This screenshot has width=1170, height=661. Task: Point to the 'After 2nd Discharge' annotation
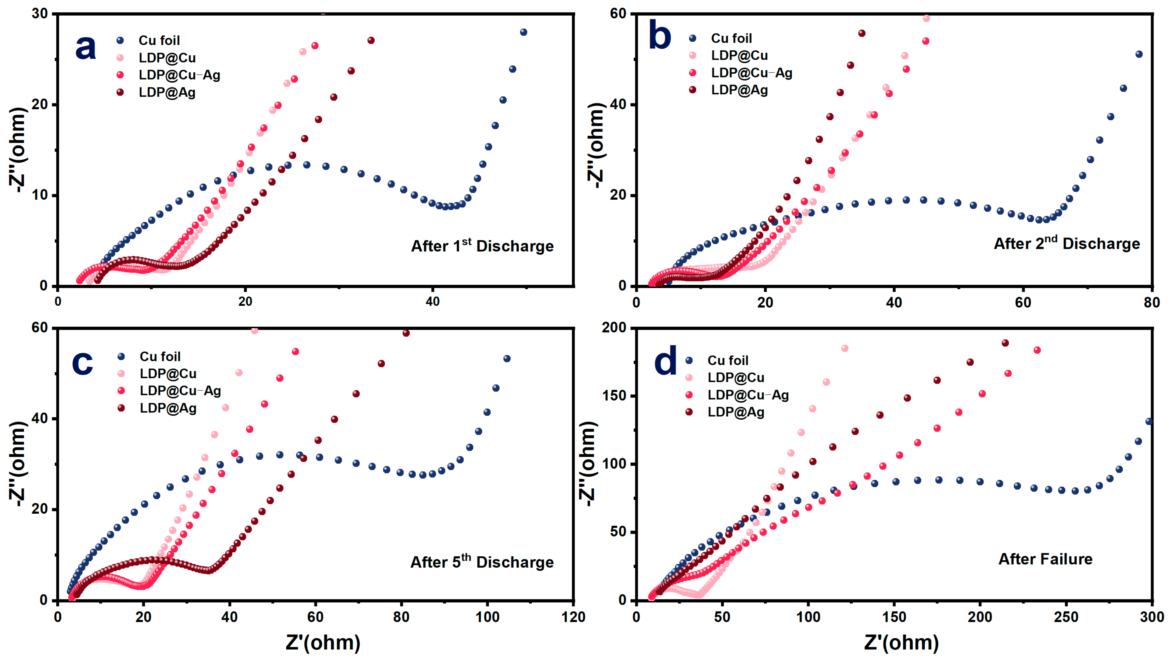click(1067, 243)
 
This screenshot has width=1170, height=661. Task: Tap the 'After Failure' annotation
click(1045, 559)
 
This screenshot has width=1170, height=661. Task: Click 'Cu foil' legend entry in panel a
click(159, 40)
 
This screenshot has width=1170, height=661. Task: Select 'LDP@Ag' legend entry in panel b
click(739, 90)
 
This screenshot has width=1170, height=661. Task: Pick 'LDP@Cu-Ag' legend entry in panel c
click(180, 391)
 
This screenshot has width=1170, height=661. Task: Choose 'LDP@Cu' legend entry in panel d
click(735, 378)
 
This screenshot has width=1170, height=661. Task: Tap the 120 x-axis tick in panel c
click(573, 617)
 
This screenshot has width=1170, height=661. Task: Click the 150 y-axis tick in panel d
click(613, 396)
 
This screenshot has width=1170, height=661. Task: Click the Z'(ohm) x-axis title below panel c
click(323, 642)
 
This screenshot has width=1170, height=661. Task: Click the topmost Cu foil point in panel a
click(523, 32)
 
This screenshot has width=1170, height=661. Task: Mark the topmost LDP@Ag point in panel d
click(1005, 343)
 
